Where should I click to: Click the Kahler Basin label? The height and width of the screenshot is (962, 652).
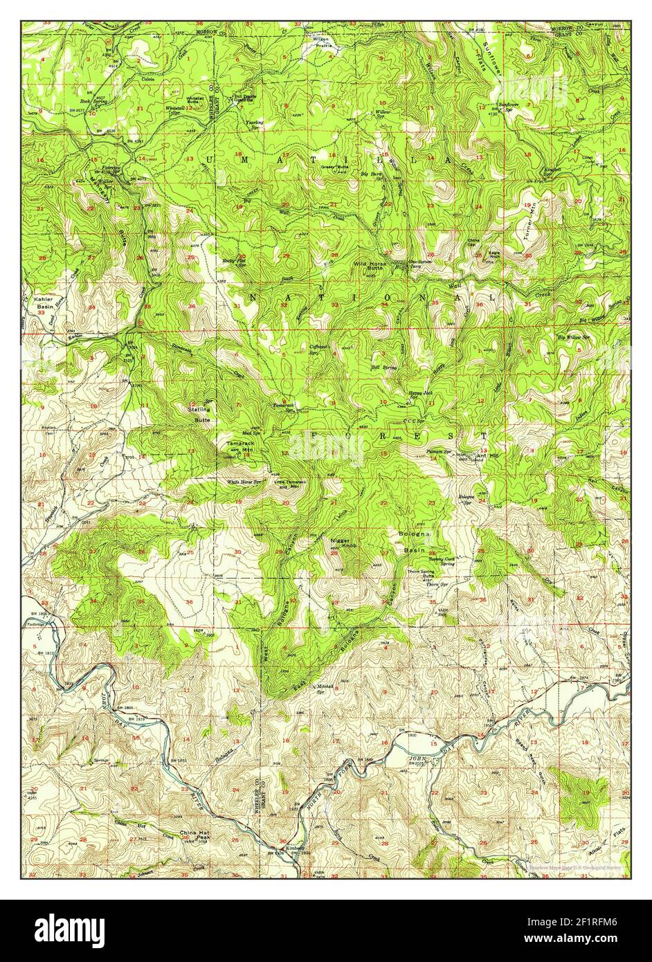pos(43,302)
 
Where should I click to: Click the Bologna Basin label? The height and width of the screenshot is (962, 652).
pos(416,542)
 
